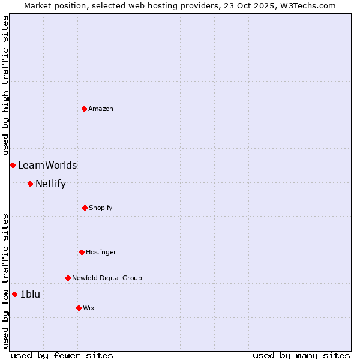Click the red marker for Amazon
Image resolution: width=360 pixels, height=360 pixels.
pyautogui.click(x=84, y=109)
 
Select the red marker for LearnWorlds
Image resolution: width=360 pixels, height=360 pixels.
pyautogui.click(x=13, y=165)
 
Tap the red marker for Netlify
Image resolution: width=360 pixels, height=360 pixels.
pyautogui.click(x=30, y=184)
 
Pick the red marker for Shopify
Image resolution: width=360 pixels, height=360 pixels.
pyautogui.click(x=85, y=208)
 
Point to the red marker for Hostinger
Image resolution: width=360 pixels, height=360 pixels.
pyautogui.click(x=82, y=252)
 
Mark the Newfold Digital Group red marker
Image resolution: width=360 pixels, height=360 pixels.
pyautogui.click(x=68, y=278)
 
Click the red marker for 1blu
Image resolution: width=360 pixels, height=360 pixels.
pyautogui.click(x=14, y=294)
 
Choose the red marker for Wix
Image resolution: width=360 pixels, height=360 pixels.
pyautogui.click(x=79, y=308)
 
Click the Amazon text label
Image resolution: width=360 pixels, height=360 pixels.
pyautogui.click(x=101, y=109)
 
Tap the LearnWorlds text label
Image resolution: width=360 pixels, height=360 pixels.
pyautogui.click(x=47, y=165)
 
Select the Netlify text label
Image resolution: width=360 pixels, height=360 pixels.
pyautogui.click(x=50, y=184)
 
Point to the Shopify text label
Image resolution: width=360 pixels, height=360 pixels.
pyautogui.click(x=101, y=208)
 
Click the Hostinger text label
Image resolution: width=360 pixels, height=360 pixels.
pyautogui.click(x=101, y=252)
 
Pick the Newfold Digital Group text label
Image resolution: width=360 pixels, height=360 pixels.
pyautogui.click(x=107, y=278)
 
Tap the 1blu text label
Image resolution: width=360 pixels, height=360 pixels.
pyautogui.click(x=30, y=294)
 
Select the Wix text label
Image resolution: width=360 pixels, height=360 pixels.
pyautogui.click(x=89, y=308)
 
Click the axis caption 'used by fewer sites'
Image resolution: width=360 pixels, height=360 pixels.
pyautogui.click(x=62, y=355)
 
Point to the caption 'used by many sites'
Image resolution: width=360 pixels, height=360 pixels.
pyautogui.click(x=301, y=355)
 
